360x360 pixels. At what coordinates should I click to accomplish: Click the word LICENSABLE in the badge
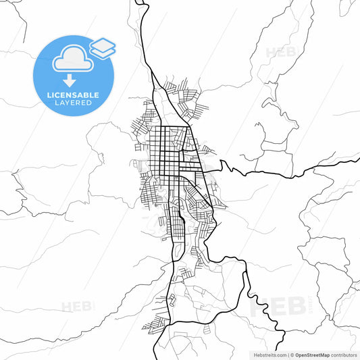(x=74, y=95)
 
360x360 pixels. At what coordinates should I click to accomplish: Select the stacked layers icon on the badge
(x=103, y=48)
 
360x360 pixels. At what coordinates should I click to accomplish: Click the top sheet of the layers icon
(x=103, y=44)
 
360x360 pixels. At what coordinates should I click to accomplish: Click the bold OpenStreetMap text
(x=311, y=354)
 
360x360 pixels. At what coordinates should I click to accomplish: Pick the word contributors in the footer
(x=342, y=354)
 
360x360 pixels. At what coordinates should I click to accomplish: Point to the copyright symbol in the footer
(x=292, y=354)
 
